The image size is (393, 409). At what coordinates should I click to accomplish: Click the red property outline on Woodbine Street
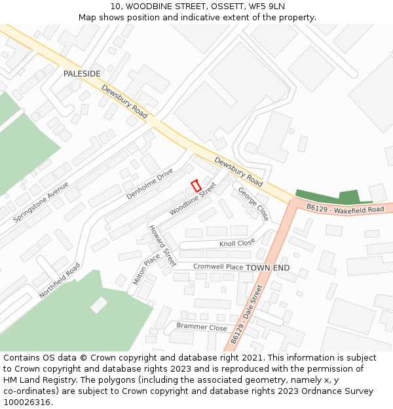pyautogui.click(x=196, y=186)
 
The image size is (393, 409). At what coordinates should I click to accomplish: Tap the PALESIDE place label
pyautogui.click(x=82, y=74)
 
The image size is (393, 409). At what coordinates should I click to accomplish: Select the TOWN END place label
pyautogui.click(x=267, y=268)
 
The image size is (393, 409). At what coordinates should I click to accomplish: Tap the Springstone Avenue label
pyautogui.click(x=41, y=202)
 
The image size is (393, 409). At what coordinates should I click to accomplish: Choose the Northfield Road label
pyautogui.click(x=59, y=281)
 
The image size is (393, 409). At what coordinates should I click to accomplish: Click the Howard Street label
pyautogui.click(x=162, y=245)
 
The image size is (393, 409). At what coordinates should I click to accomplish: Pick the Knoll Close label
pyautogui.click(x=237, y=243)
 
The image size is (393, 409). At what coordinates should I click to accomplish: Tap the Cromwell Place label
pyautogui.click(x=218, y=267)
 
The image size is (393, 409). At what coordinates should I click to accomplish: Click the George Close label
pyautogui.click(x=253, y=204)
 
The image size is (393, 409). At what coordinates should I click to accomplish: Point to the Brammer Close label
pyautogui.click(x=201, y=327)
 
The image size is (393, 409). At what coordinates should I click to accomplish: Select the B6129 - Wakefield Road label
pyautogui.click(x=345, y=209)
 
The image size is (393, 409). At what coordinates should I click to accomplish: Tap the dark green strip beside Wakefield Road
pyautogui.click(x=334, y=196)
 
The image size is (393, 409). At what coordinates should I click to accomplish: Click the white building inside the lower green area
pyautogui.click(x=99, y=305)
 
